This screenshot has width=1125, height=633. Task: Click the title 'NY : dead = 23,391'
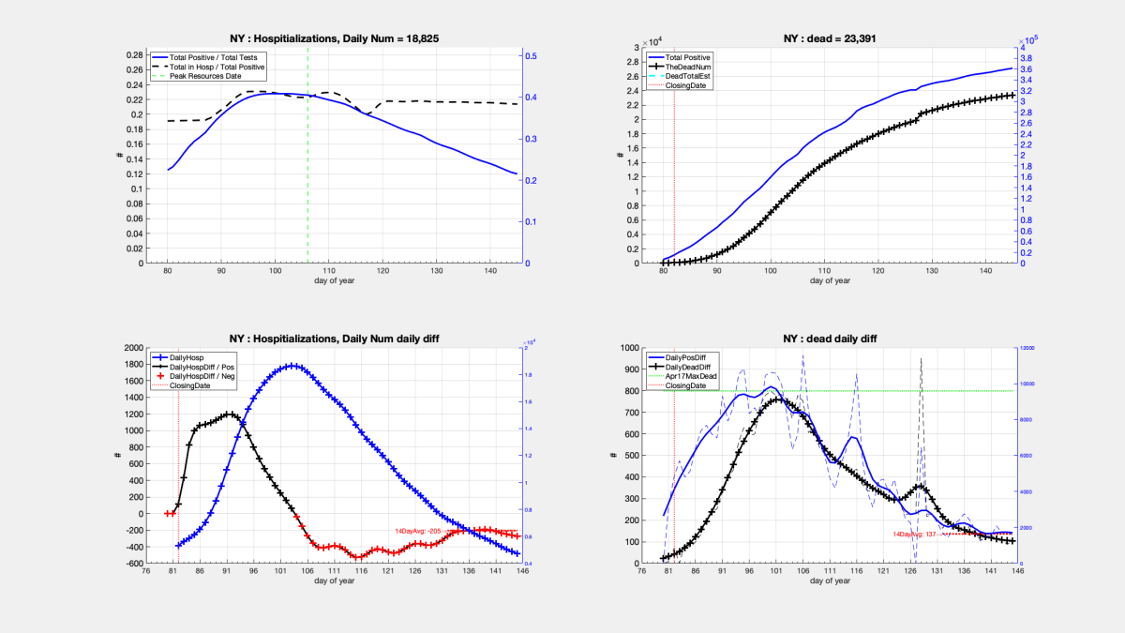[837, 38]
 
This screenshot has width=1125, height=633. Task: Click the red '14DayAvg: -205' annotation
[418, 531]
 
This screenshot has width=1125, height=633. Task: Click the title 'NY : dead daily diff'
[837, 339]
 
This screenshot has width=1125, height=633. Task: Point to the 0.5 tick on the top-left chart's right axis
[530, 56]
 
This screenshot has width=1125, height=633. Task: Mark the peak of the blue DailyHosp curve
[293, 366]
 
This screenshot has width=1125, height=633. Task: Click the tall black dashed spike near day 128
[921, 360]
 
